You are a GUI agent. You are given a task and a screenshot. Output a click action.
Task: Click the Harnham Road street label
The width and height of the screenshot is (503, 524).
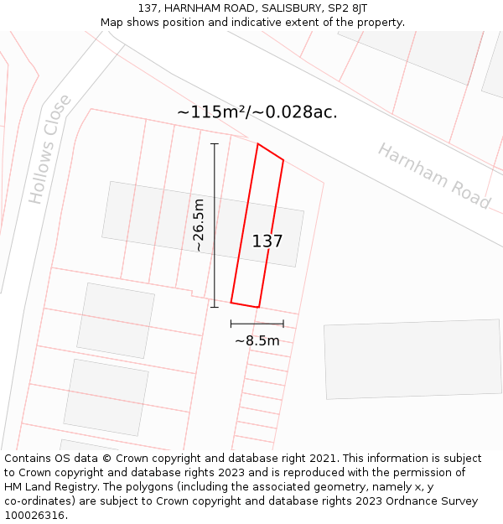point(433,175)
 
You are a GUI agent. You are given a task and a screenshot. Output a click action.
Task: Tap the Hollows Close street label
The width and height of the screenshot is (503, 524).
point(50,149)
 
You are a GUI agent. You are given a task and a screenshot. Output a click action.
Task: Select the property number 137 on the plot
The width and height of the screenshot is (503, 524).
point(267,241)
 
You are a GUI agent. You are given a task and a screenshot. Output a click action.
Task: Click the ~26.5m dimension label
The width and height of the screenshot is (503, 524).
point(199,225)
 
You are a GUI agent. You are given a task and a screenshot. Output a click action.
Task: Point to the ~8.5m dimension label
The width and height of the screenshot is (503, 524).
point(257,341)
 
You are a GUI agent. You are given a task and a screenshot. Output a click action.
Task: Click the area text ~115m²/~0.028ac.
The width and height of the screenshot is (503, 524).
point(257,112)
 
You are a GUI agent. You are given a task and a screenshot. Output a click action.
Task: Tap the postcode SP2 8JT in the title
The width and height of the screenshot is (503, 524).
point(347,8)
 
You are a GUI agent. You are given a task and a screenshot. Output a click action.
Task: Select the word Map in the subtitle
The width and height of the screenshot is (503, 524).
point(111,23)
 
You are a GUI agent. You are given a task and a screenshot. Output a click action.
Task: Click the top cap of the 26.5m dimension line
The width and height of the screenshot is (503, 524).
point(214,143)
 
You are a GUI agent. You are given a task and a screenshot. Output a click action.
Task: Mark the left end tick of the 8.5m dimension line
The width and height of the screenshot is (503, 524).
point(231,324)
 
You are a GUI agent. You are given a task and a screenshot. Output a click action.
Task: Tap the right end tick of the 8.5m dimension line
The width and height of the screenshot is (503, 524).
point(283,324)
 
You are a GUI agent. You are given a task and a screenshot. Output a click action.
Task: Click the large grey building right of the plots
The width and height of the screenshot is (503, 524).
point(412,360)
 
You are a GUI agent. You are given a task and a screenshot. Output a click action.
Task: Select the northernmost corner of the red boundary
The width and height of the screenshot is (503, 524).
point(257,143)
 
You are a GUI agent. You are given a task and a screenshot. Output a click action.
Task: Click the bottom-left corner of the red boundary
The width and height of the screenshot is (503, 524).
point(231,303)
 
